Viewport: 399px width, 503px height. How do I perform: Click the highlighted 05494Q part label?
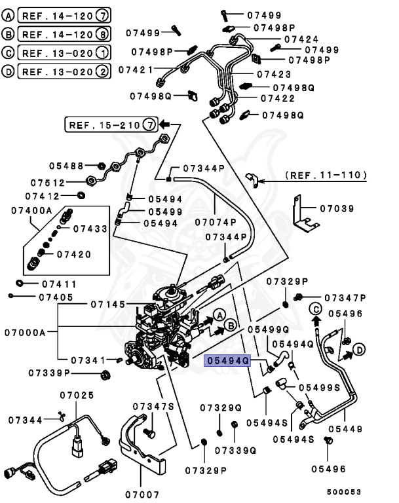(x=227, y=360)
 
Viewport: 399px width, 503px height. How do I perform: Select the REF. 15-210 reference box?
(x=111, y=124)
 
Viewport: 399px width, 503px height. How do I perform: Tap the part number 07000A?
(x=24, y=333)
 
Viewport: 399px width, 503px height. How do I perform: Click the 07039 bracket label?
(x=337, y=210)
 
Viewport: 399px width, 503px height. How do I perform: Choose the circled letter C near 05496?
(x=315, y=308)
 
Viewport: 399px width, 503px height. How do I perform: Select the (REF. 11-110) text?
(x=326, y=176)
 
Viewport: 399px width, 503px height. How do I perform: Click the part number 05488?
(x=66, y=166)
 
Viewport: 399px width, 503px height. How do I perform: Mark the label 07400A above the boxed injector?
(x=31, y=210)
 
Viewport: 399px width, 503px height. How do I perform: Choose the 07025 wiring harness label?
(x=77, y=395)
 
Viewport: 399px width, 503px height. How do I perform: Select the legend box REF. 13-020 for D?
(x=65, y=71)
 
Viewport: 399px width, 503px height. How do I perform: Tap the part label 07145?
(x=109, y=305)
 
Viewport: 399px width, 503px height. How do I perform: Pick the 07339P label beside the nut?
(x=49, y=373)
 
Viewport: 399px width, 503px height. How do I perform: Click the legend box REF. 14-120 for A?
(x=65, y=14)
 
